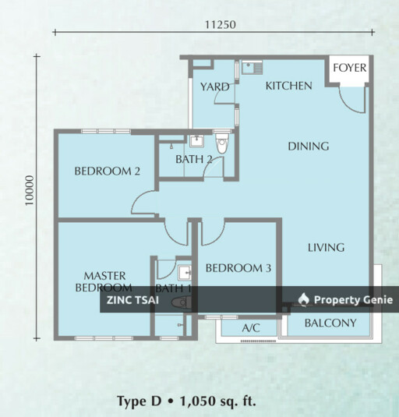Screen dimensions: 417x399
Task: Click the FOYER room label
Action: (x=349, y=68)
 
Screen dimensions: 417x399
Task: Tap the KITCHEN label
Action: (x=288, y=86)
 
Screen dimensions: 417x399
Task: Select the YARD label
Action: (x=214, y=87)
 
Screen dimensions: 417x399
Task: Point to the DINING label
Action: (x=308, y=146)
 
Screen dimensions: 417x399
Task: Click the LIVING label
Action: (x=325, y=248)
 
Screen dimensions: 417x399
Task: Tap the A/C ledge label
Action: (x=250, y=328)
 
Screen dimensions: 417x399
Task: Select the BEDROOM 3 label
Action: (x=238, y=268)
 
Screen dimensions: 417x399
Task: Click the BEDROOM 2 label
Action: (x=107, y=171)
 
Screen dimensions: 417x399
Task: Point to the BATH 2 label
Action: (x=193, y=160)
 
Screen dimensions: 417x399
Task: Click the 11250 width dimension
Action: (x=220, y=24)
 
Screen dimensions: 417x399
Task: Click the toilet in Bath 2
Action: (x=222, y=143)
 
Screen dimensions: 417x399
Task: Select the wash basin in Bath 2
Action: (x=196, y=141)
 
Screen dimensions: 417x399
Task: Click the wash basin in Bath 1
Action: (x=185, y=273)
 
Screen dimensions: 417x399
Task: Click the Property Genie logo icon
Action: (x=304, y=300)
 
